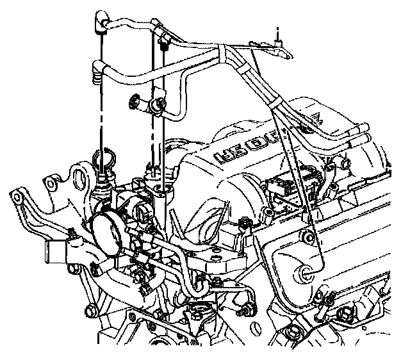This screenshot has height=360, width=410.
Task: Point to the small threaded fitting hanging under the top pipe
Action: [x=165, y=44]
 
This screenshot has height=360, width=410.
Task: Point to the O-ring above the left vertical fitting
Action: [x=104, y=156]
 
